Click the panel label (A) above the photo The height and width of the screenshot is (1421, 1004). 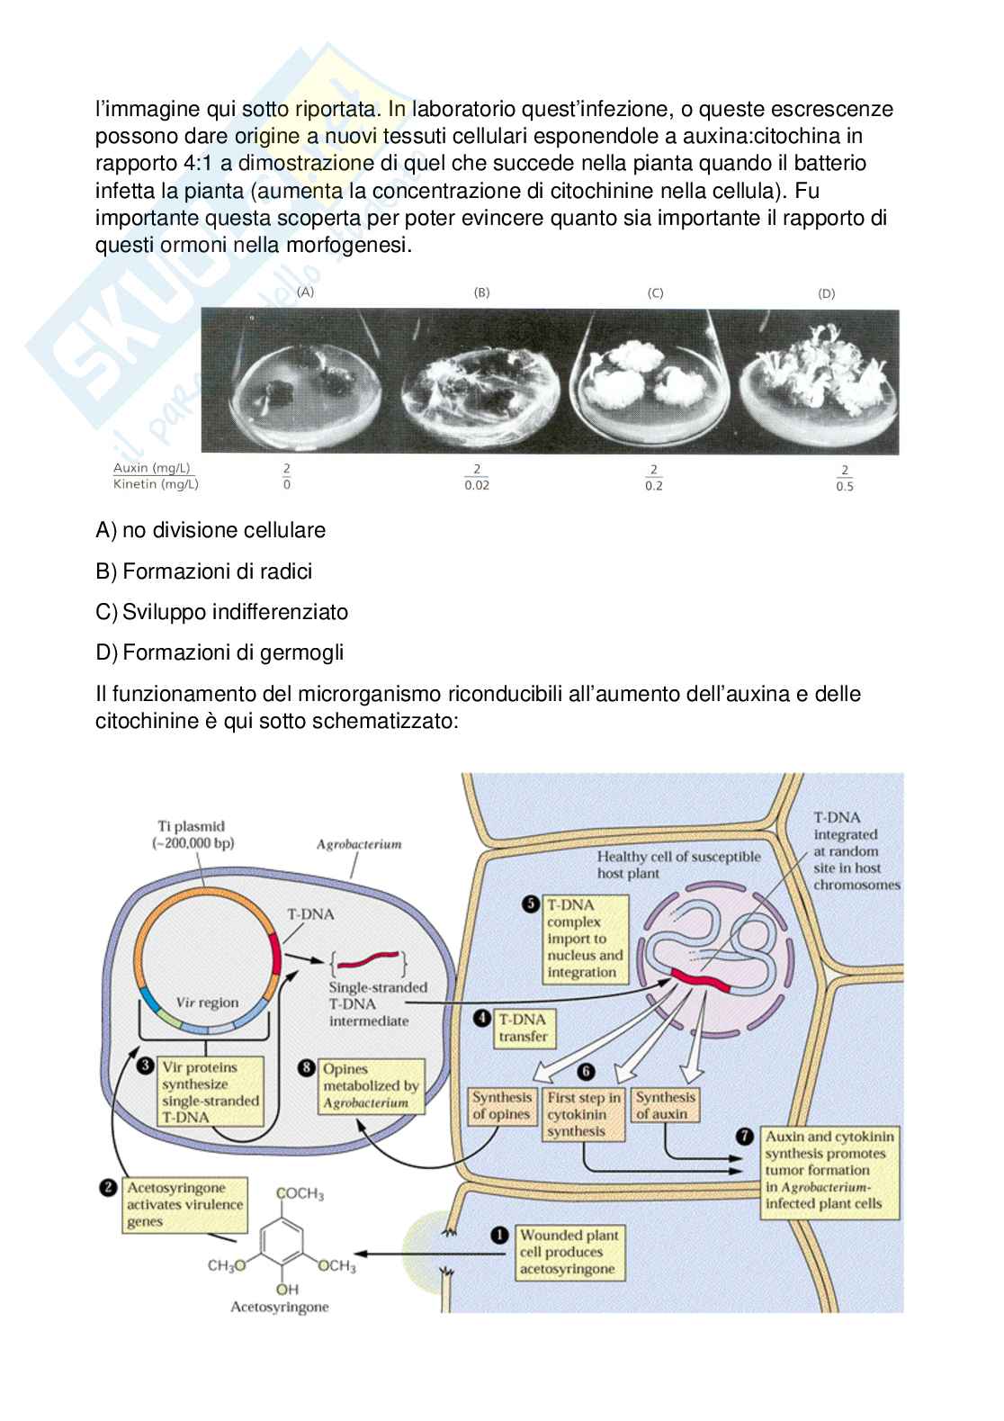(306, 292)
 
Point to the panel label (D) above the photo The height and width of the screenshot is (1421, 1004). (826, 293)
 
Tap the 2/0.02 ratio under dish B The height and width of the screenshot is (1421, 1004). (477, 477)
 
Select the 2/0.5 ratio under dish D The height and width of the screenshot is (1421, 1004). (844, 478)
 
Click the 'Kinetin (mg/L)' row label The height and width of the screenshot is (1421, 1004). (156, 484)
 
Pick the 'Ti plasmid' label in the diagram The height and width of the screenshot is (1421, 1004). (192, 834)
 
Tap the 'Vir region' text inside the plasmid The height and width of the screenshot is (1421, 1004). (207, 1003)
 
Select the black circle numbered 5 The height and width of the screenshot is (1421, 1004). (532, 904)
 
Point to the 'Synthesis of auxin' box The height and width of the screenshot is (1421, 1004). (666, 1105)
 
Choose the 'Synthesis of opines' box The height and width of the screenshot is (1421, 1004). (502, 1105)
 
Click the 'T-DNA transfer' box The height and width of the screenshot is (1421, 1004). (523, 1028)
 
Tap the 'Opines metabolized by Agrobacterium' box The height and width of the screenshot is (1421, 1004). (371, 1085)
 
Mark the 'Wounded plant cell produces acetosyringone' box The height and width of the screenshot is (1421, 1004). (568, 1252)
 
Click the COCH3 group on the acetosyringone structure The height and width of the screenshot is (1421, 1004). (300, 1194)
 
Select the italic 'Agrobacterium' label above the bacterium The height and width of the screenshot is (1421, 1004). (359, 844)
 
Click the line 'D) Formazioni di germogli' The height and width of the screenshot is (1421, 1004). (220, 652)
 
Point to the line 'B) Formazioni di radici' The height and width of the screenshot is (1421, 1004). (204, 571)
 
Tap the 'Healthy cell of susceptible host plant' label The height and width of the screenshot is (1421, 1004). (678, 865)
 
